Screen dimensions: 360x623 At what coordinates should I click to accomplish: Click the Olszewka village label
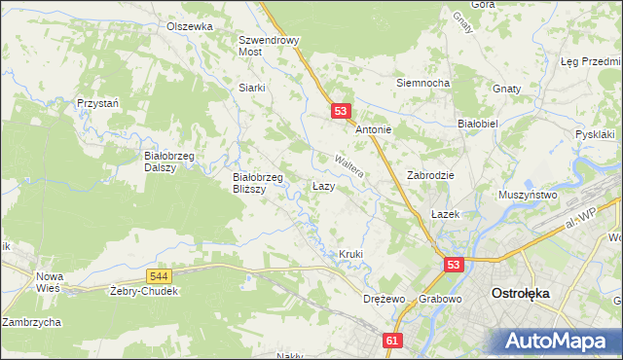coord(189,27)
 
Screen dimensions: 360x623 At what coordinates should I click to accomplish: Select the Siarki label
coord(252,87)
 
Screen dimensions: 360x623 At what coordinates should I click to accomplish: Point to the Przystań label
coord(98,103)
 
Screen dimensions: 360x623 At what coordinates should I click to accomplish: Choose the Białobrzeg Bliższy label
coord(257,183)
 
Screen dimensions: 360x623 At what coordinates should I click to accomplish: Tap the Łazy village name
coord(324,185)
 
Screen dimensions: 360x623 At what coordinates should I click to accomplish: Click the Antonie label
coord(373,129)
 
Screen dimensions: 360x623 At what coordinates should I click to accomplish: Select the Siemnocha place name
coord(422,83)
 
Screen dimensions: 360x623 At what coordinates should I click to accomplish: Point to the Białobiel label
coord(478,125)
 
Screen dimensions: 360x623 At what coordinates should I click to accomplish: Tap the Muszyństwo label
coord(528,195)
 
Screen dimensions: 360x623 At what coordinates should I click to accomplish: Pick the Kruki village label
coord(350,254)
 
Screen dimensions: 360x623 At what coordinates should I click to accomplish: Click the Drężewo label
coord(383,299)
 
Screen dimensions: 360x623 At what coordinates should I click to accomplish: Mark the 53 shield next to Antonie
coord(341,112)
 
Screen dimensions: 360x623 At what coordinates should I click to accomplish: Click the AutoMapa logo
coord(558,341)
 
